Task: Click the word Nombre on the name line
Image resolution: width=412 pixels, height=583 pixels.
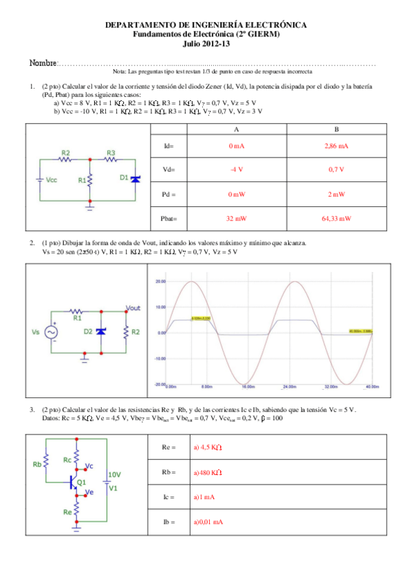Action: [x=43, y=63]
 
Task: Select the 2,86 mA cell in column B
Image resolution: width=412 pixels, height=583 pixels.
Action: [x=336, y=146]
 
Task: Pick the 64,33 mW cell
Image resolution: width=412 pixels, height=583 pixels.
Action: [x=336, y=219]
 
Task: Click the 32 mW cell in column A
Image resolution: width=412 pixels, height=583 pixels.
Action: [x=236, y=219]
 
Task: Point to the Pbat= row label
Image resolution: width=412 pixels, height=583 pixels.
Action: [x=169, y=219]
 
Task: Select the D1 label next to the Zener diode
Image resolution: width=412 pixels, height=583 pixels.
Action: [x=124, y=177]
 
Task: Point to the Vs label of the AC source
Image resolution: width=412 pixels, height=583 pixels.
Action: [x=36, y=331]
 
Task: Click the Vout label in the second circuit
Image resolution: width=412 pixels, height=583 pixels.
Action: [x=133, y=308]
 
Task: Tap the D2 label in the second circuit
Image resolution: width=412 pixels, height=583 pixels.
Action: [x=88, y=331]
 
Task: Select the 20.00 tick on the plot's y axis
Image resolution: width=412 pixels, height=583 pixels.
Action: [x=160, y=280]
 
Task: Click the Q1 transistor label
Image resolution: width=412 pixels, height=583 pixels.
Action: [x=81, y=483]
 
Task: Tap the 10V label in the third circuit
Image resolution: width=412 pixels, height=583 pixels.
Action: [x=114, y=475]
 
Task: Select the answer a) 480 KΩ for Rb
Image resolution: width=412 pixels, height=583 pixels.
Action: [x=206, y=473]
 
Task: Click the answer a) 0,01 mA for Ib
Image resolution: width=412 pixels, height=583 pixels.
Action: [x=208, y=522]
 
